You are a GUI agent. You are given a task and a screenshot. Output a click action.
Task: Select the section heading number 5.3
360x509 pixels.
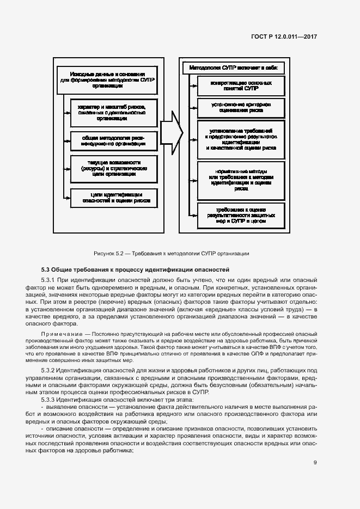coord(46,269)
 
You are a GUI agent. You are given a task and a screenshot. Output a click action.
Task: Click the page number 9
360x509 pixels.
coord(315,463)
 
